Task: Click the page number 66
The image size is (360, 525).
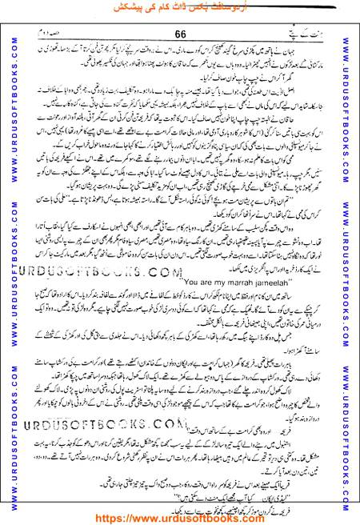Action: tap(179, 34)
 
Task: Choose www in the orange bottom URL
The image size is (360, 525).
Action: tap(145, 515)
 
